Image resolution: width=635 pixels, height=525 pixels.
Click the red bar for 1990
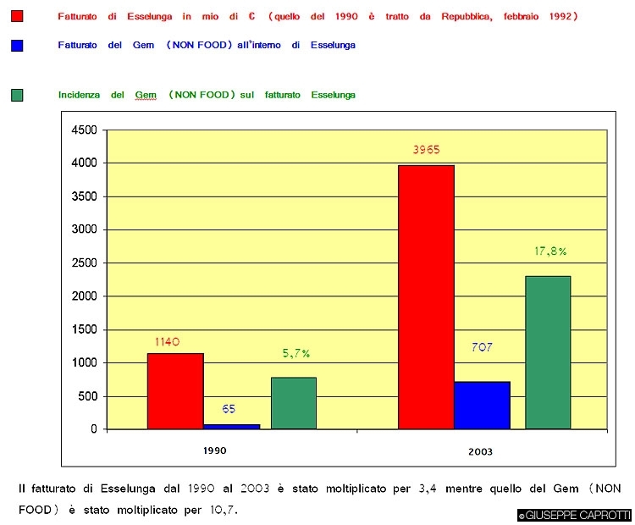(x=175, y=391)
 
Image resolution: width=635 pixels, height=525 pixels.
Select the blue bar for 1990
(x=232, y=426)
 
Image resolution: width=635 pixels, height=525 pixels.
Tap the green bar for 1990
(x=294, y=403)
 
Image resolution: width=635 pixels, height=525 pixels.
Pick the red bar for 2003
(x=426, y=297)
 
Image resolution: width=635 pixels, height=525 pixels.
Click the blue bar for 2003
(x=482, y=406)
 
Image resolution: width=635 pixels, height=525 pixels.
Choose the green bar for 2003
(x=548, y=352)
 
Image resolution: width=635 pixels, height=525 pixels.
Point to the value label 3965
(x=426, y=150)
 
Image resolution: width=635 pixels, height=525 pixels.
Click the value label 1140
(x=168, y=341)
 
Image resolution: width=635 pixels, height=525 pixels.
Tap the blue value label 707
(x=481, y=347)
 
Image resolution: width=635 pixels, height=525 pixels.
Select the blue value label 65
(x=229, y=409)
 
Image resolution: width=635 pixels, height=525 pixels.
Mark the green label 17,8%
(x=550, y=251)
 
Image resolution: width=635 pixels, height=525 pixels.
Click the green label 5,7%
(x=296, y=353)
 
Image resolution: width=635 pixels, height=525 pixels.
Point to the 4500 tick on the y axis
(x=85, y=130)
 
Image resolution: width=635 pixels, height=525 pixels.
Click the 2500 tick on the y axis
(x=85, y=262)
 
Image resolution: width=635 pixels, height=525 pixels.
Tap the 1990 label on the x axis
(x=214, y=450)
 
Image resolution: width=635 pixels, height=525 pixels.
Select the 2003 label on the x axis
(x=480, y=451)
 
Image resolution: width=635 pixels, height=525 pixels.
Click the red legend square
(x=17, y=17)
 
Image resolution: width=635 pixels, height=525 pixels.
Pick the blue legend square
(x=17, y=45)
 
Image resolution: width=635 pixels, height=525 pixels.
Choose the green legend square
(x=17, y=95)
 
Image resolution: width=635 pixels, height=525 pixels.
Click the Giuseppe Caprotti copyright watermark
(x=574, y=515)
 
